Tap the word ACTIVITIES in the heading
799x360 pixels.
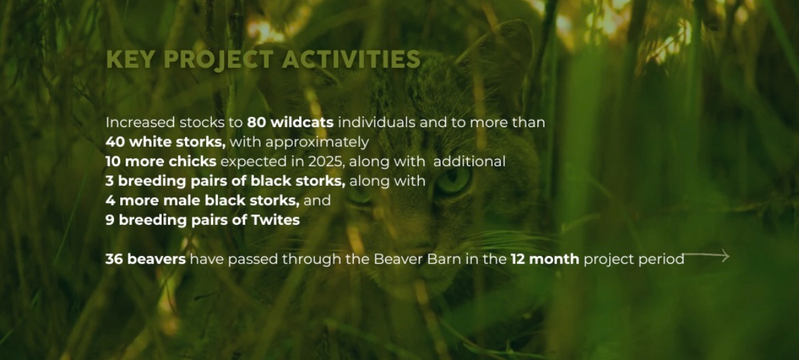coord(352,59)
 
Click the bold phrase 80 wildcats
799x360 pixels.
coord(290,122)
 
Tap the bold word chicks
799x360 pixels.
coord(192,162)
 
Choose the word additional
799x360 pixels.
coord(469,162)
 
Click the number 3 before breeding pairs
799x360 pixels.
coord(109,181)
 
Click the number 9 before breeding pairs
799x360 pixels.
coord(109,220)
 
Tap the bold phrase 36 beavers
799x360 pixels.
coord(145,259)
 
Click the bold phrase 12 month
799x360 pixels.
coord(545,259)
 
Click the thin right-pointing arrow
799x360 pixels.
coord(706,255)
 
